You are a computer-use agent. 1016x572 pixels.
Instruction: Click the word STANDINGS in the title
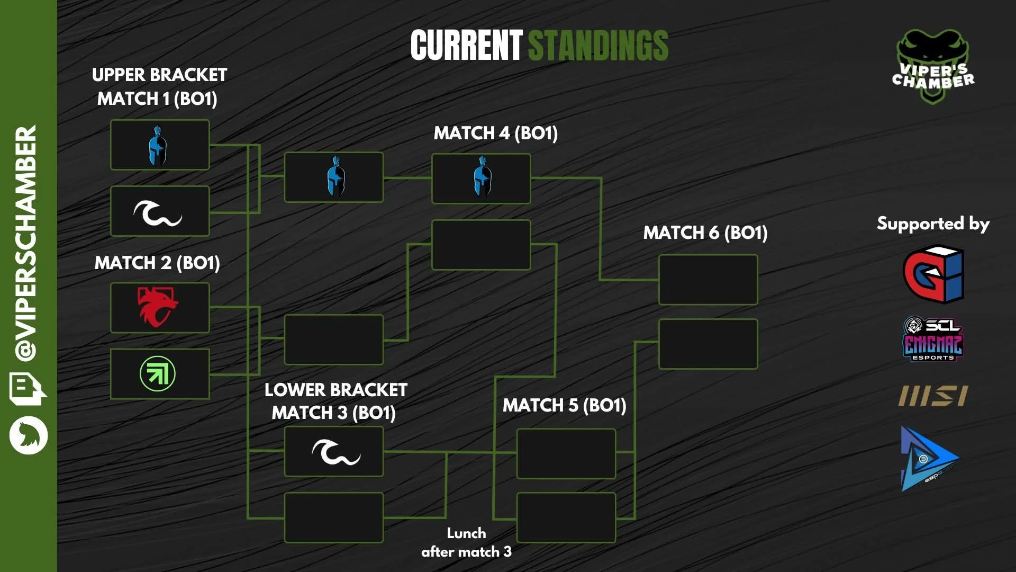tap(598, 45)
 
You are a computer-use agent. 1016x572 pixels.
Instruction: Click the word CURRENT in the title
tap(466, 45)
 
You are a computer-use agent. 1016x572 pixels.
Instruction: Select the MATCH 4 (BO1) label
tap(495, 133)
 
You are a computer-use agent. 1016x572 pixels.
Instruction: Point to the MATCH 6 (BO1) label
tap(705, 233)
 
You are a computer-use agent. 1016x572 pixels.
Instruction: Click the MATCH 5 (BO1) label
tap(564, 405)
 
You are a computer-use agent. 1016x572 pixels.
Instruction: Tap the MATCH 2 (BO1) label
tap(157, 263)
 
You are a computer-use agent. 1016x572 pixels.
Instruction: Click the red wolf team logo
tap(158, 307)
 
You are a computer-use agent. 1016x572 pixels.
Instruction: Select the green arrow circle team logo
tap(158, 374)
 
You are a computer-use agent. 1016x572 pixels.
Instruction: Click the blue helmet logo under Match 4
tap(481, 177)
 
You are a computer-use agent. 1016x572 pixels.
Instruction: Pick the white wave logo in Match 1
tap(158, 212)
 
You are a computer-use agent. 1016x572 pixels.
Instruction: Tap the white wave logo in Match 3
tap(335, 452)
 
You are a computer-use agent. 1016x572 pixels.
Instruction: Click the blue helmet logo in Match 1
tap(157, 145)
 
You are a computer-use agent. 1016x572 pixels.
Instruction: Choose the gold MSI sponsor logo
tap(933, 396)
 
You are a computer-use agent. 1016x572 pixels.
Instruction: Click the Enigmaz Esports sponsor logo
tap(933, 339)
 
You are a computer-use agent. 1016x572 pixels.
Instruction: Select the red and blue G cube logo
tap(933, 273)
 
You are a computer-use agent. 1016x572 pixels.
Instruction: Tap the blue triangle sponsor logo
tap(929, 459)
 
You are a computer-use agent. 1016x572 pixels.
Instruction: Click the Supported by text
tap(933, 224)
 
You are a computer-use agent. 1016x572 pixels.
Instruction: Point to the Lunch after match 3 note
tap(466, 542)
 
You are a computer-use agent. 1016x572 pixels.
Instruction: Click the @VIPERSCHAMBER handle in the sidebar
tap(26, 244)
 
